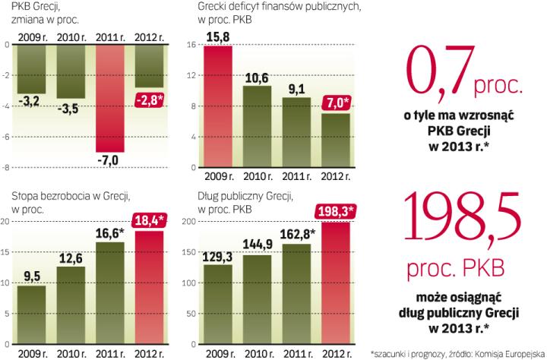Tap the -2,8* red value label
[x=152, y=99]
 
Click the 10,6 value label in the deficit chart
[x=258, y=77]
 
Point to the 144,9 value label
[x=257, y=244]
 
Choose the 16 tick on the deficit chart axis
[x=191, y=46]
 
